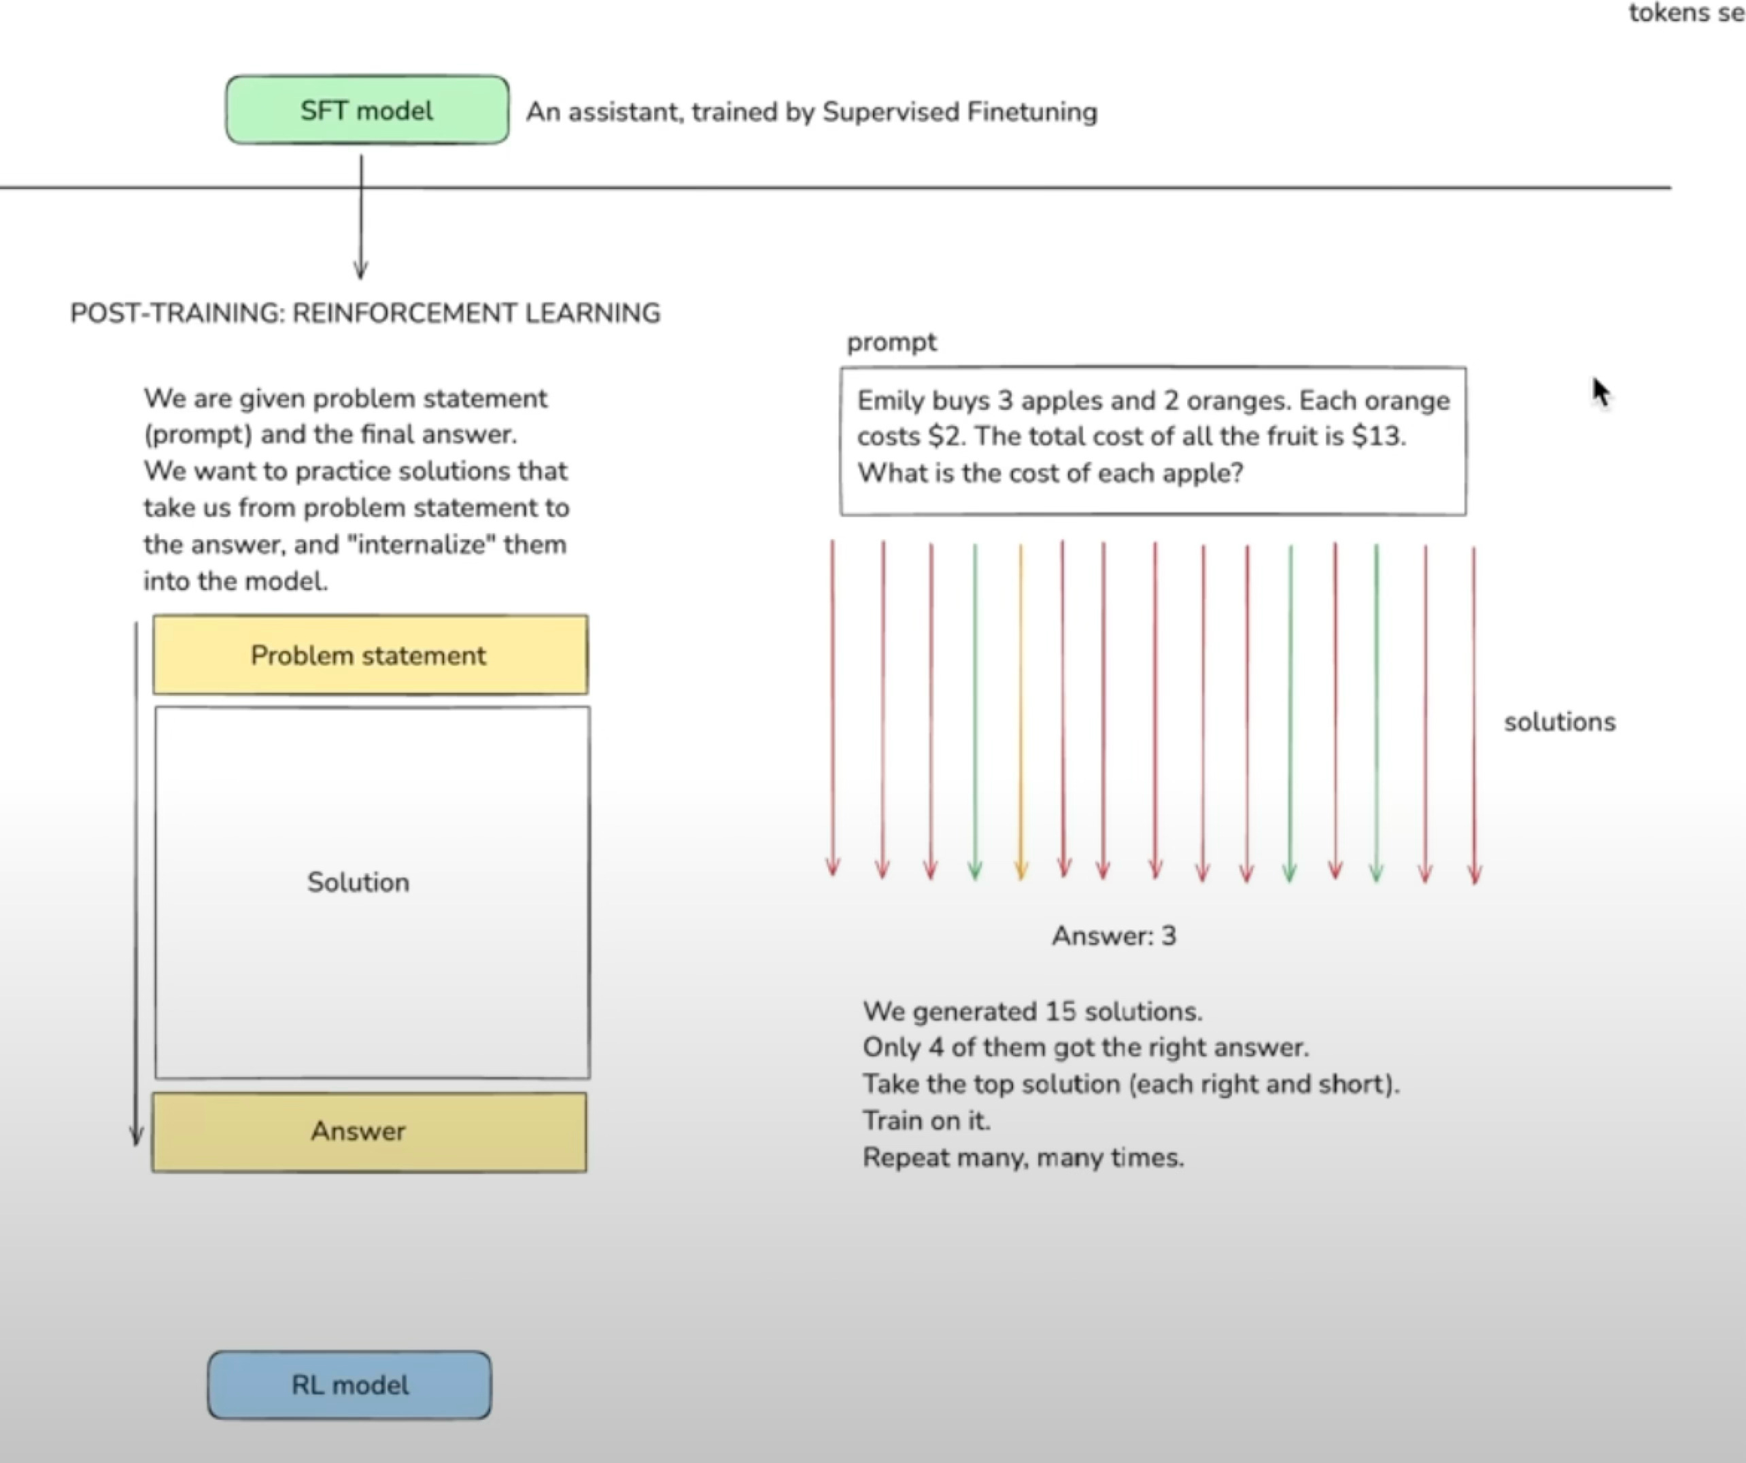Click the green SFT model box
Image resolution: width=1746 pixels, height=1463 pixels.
tap(366, 111)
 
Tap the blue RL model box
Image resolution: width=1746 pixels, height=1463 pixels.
tap(349, 1385)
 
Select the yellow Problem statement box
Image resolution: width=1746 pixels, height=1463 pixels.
tap(370, 655)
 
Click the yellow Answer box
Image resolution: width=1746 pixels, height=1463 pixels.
tap(369, 1131)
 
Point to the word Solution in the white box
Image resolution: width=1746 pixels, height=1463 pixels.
tap(358, 882)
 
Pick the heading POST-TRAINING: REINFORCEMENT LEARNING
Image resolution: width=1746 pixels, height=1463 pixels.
tap(365, 313)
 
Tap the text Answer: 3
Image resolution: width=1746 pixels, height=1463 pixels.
tap(1114, 936)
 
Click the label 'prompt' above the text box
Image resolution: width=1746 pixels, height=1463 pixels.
tap(891, 343)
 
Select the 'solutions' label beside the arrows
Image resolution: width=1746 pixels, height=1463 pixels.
tap(1560, 721)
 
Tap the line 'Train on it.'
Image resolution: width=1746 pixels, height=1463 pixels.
tap(926, 1120)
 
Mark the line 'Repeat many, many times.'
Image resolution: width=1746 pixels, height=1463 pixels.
tap(1023, 1157)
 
